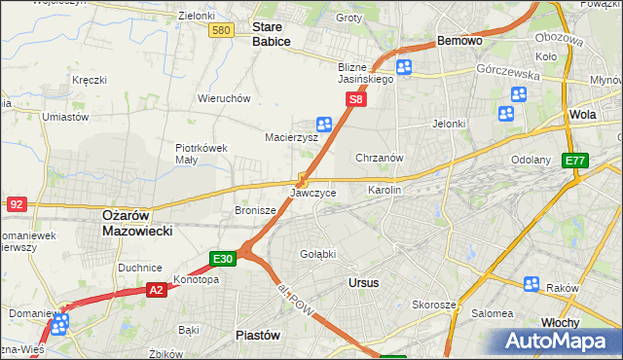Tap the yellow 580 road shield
221,31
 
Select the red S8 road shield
357,99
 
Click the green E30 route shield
223,259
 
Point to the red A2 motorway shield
157,289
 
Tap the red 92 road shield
16,204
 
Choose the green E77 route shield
575,161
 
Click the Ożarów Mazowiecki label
137,224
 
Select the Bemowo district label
460,42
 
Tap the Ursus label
363,282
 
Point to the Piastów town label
259,334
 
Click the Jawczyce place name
313,193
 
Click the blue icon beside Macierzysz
324,124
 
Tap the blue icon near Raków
531,284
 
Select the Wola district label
583,114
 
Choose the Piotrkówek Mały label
202,154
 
